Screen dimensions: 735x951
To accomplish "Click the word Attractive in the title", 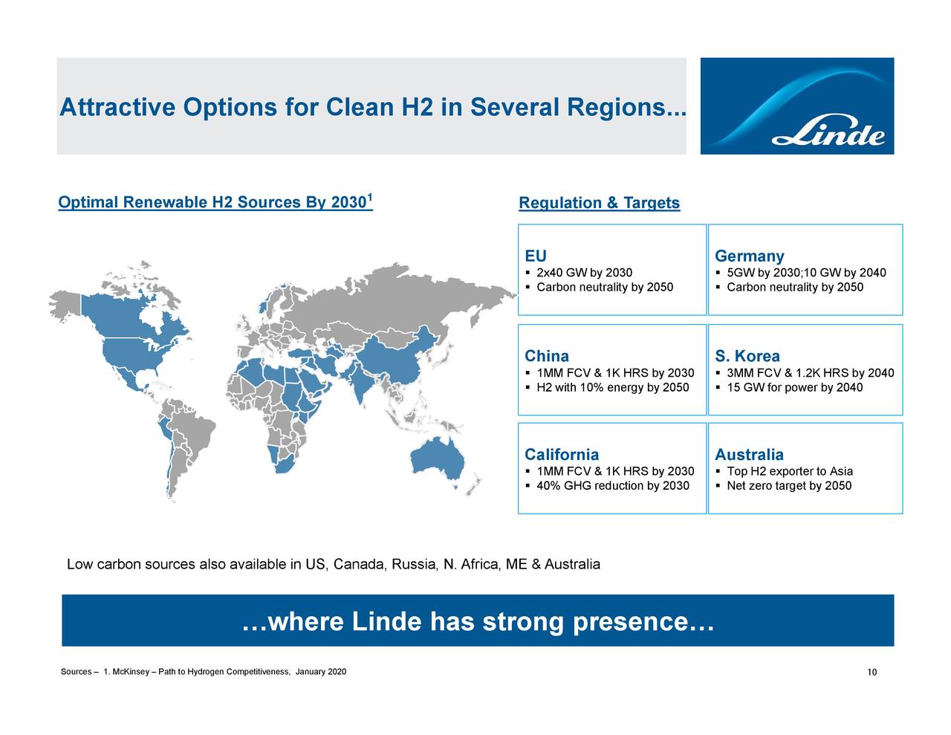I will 117,109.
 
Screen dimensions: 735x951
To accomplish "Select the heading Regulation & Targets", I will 599,204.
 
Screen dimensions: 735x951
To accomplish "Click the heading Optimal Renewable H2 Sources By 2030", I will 215,203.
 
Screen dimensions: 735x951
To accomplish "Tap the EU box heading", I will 536,256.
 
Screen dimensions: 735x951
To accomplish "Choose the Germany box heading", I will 749,256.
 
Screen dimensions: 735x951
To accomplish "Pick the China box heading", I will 547,356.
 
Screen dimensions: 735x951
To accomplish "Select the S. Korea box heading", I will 747,356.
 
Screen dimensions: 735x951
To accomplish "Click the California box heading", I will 562,455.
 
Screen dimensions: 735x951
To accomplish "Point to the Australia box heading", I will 749,455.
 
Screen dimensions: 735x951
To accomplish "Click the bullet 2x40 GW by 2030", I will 584,273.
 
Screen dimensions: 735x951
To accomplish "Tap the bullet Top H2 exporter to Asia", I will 790,472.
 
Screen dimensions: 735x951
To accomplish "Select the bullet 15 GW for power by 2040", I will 794,388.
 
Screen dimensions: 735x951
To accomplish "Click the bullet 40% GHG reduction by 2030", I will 612,486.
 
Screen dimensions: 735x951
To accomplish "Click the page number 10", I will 872,673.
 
